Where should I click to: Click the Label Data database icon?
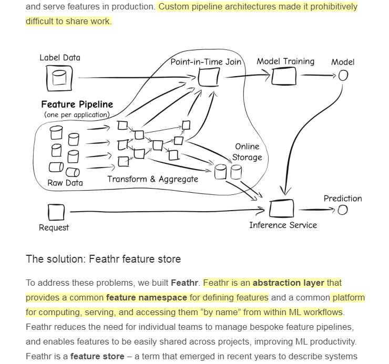click(x=59, y=78)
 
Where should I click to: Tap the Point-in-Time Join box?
click(x=209, y=78)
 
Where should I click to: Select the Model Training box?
click(x=284, y=77)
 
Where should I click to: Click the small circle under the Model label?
click(x=343, y=76)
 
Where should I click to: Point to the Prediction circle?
click(x=342, y=210)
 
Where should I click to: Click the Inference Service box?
click(x=281, y=209)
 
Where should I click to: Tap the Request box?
click(x=56, y=212)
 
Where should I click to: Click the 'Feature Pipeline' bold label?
click(x=77, y=105)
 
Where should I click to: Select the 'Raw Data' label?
click(x=65, y=183)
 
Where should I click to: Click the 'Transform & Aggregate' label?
click(x=152, y=179)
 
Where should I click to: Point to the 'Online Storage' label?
click(x=247, y=152)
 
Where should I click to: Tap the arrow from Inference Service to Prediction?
click(x=315, y=210)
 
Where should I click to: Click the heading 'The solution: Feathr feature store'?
click(x=103, y=259)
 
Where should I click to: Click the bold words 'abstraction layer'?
click(x=288, y=283)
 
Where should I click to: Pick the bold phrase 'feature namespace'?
click(x=146, y=297)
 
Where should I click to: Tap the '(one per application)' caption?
click(x=77, y=115)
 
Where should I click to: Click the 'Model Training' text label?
click(x=285, y=61)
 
